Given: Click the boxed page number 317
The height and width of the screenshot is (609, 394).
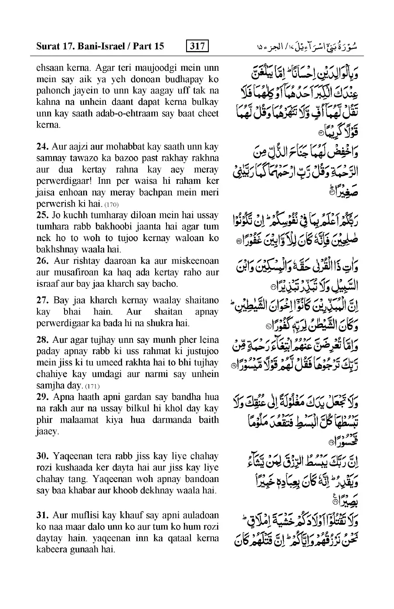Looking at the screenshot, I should click(197, 46).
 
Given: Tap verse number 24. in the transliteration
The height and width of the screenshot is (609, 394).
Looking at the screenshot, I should click(43, 147).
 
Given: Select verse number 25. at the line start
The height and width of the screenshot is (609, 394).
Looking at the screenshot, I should click(43, 215).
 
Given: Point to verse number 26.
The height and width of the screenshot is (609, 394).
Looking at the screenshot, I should click(43, 261).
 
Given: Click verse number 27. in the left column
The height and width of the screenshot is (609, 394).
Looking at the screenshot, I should click(43, 300).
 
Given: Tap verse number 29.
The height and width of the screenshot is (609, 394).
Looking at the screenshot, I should click(43, 397).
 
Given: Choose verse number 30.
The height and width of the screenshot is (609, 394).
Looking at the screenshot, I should click(43, 456).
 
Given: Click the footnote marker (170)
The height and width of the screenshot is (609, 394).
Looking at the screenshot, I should click(112, 204).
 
